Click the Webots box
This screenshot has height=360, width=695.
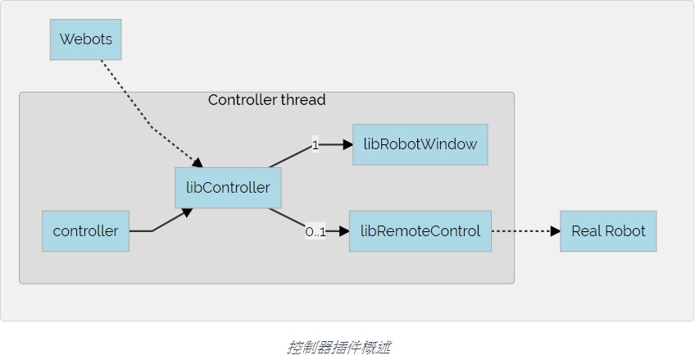tap(85, 39)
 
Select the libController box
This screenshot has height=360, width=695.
tap(228, 188)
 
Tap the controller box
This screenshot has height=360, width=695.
tap(85, 231)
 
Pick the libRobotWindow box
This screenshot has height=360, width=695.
tap(420, 144)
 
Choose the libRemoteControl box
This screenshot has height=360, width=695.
tap(420, 231)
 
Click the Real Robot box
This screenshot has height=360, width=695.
tap(608, 231)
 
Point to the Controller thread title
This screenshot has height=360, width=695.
tap(266, 100)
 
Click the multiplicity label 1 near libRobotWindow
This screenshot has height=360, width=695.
tap(315, 145)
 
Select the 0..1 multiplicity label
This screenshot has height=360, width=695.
tap(316, 232)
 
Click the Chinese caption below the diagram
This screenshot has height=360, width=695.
tap(338, 347)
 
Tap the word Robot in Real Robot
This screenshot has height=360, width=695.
tap(627, 231)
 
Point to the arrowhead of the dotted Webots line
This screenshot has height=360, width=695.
tap(197, 161)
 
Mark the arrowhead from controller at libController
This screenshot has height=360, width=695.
tap(187, 212)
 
